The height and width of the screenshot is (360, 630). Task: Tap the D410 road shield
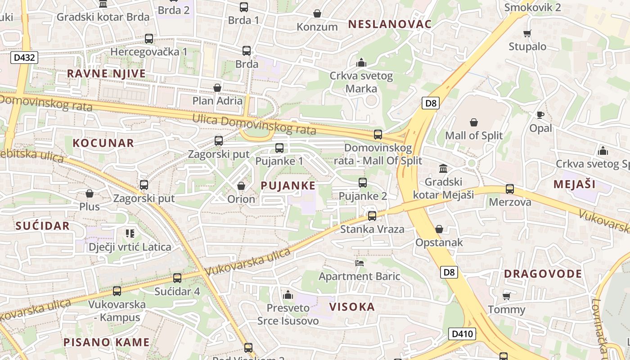pyautogui.click(x=462, y=333)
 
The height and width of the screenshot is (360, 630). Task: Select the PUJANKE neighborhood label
pyautogui.click(x=288, y=185)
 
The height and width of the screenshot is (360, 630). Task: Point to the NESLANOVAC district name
pyautogui.click(x=390, y=24)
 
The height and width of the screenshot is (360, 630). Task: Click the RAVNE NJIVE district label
pyautogui.click(x=107, y=73)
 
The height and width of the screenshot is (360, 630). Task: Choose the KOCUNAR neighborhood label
pyautogui.click(x=103, y=143)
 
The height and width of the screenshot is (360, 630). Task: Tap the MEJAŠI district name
pyautogui.click(x=575, y=184)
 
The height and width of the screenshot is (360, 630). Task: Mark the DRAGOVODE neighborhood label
pyautogui.click(x=543, y=274)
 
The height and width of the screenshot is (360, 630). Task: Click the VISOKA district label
pyautogui.click(x=352, y=307)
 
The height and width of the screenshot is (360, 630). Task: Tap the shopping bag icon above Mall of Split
pyautogui.click(x=474, y=122)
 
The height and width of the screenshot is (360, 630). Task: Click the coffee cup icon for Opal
pyautogui.click(x=540, y=115)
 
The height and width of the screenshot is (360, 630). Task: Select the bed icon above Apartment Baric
pyautogui.click(x=359, y=263)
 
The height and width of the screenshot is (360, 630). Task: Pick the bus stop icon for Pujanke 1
pyautogui.click(x=279, y=148)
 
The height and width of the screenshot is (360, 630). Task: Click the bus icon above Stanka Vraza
pyautogui.click(x=372, y=216)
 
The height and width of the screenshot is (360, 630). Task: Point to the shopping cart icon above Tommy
pyautogui.click(x=507, y=296)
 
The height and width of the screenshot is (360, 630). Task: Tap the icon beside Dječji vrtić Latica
pyautogui.click(x=130, y=233)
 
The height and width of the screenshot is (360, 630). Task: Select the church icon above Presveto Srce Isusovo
pyautogui.click(x=288, y=295)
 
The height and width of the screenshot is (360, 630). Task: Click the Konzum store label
pyautogui.click(x=317, y=27)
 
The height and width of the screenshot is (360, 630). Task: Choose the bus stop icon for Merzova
pyautogui.click(x=510, y=189)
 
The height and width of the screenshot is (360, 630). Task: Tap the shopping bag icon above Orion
pyautogui.click(x=241, y=186)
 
